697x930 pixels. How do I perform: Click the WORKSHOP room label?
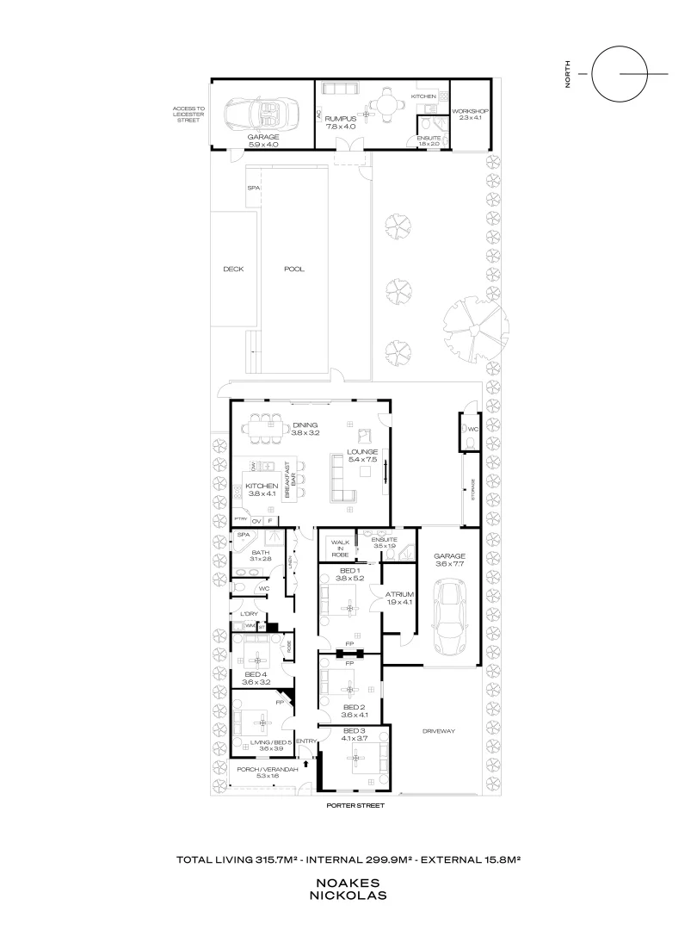point(470,112)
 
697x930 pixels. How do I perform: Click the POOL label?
point(294,269)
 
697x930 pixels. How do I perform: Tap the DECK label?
point(233,269)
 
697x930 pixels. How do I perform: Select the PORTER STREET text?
point(355,806)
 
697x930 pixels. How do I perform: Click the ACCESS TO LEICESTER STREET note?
point(187,114)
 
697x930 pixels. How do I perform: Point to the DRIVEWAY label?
point(438,731)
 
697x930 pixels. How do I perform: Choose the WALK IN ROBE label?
point(340,549)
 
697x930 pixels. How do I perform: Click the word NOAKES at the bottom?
point(348,883)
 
